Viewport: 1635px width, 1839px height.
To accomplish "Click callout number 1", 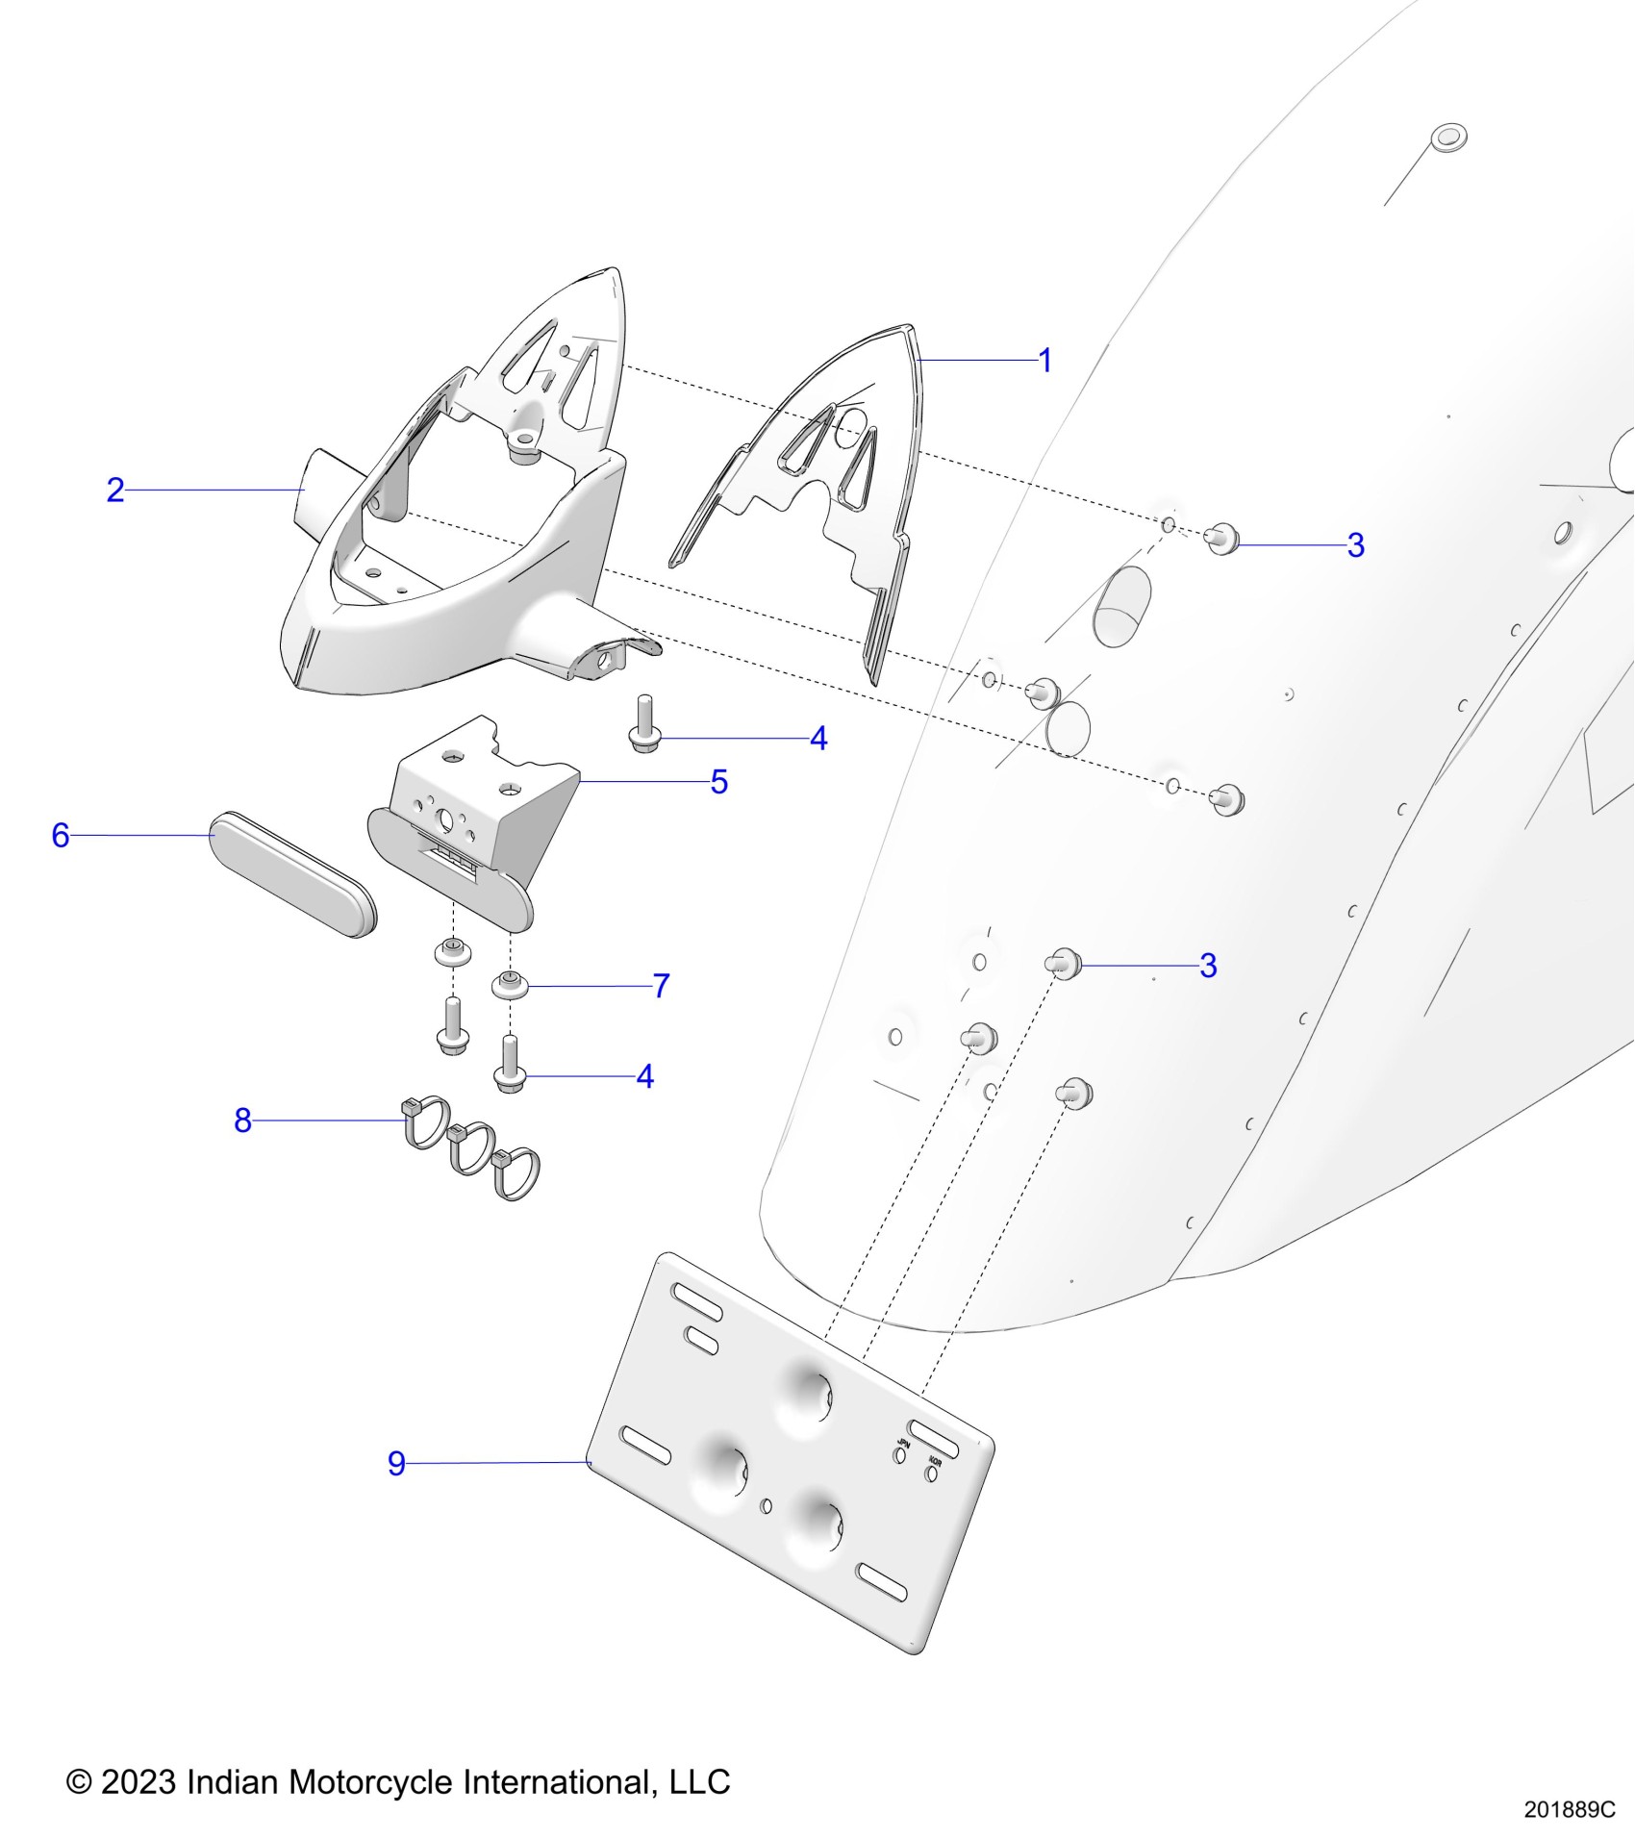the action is click(x=1045, y=361).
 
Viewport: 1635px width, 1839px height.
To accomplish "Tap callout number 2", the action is click(x=115, y=490).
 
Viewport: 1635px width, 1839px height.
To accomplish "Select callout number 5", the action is click(x=719, y=782).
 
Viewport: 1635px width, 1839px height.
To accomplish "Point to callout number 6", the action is click(x=61, y=835).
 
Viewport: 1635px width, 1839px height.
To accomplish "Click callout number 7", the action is click(x=661, y=986).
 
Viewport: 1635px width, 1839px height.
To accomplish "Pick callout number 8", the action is click(x=242, y=1120).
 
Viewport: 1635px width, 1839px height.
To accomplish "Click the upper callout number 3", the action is click(x=1355, y=545).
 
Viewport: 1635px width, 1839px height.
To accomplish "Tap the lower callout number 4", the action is click(x=645, y=1076).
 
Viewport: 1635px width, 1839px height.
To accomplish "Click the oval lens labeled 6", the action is click(x=292, y=874).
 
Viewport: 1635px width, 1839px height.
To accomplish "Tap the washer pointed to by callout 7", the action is click(x=510, y=985).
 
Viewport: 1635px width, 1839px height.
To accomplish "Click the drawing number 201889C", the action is click(x=1569, y=1809).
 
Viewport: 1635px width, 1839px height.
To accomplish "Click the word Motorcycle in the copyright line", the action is click(x=371, y=1781).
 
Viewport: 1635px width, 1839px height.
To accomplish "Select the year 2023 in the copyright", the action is click(x=138, y=1781).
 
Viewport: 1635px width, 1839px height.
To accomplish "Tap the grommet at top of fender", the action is click(x=1447, y=138).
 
